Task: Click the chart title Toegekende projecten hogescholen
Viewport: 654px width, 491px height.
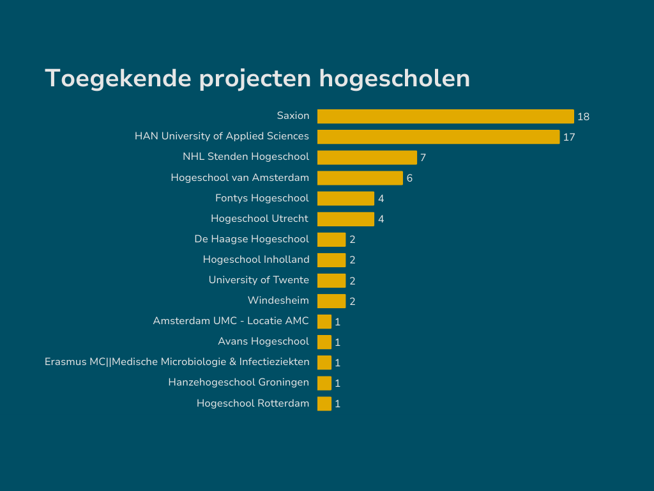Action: [257, 78]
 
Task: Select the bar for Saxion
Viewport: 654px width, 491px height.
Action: [445, 116]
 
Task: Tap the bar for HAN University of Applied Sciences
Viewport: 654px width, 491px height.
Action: [438, 137]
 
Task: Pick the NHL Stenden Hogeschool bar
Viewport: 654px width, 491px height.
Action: [367, 157]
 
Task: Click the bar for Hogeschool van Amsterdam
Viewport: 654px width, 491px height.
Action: [360, 178]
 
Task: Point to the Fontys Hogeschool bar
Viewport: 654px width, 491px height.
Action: [346, 198]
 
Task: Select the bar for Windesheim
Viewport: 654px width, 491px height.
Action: [331, 300]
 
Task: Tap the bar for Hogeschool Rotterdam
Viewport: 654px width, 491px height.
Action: [324, 403]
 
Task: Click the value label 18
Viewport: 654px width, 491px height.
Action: [583, 117]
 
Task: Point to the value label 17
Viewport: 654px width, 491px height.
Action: [569, 137]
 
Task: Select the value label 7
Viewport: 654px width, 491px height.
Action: [423, 158]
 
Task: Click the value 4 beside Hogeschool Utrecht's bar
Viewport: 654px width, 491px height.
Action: [381, 219]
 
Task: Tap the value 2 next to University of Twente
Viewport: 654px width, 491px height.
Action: [352, 281]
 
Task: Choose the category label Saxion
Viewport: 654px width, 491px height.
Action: [293, 116]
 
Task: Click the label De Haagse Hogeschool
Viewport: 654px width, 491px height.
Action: [252, 238]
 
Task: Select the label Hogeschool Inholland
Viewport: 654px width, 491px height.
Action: [256, 259]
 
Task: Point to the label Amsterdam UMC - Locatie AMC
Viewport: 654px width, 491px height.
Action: [231, 320]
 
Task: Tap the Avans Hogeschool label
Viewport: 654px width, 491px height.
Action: [263, 341]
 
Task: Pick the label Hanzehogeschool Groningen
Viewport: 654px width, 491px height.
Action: [238, 382]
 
